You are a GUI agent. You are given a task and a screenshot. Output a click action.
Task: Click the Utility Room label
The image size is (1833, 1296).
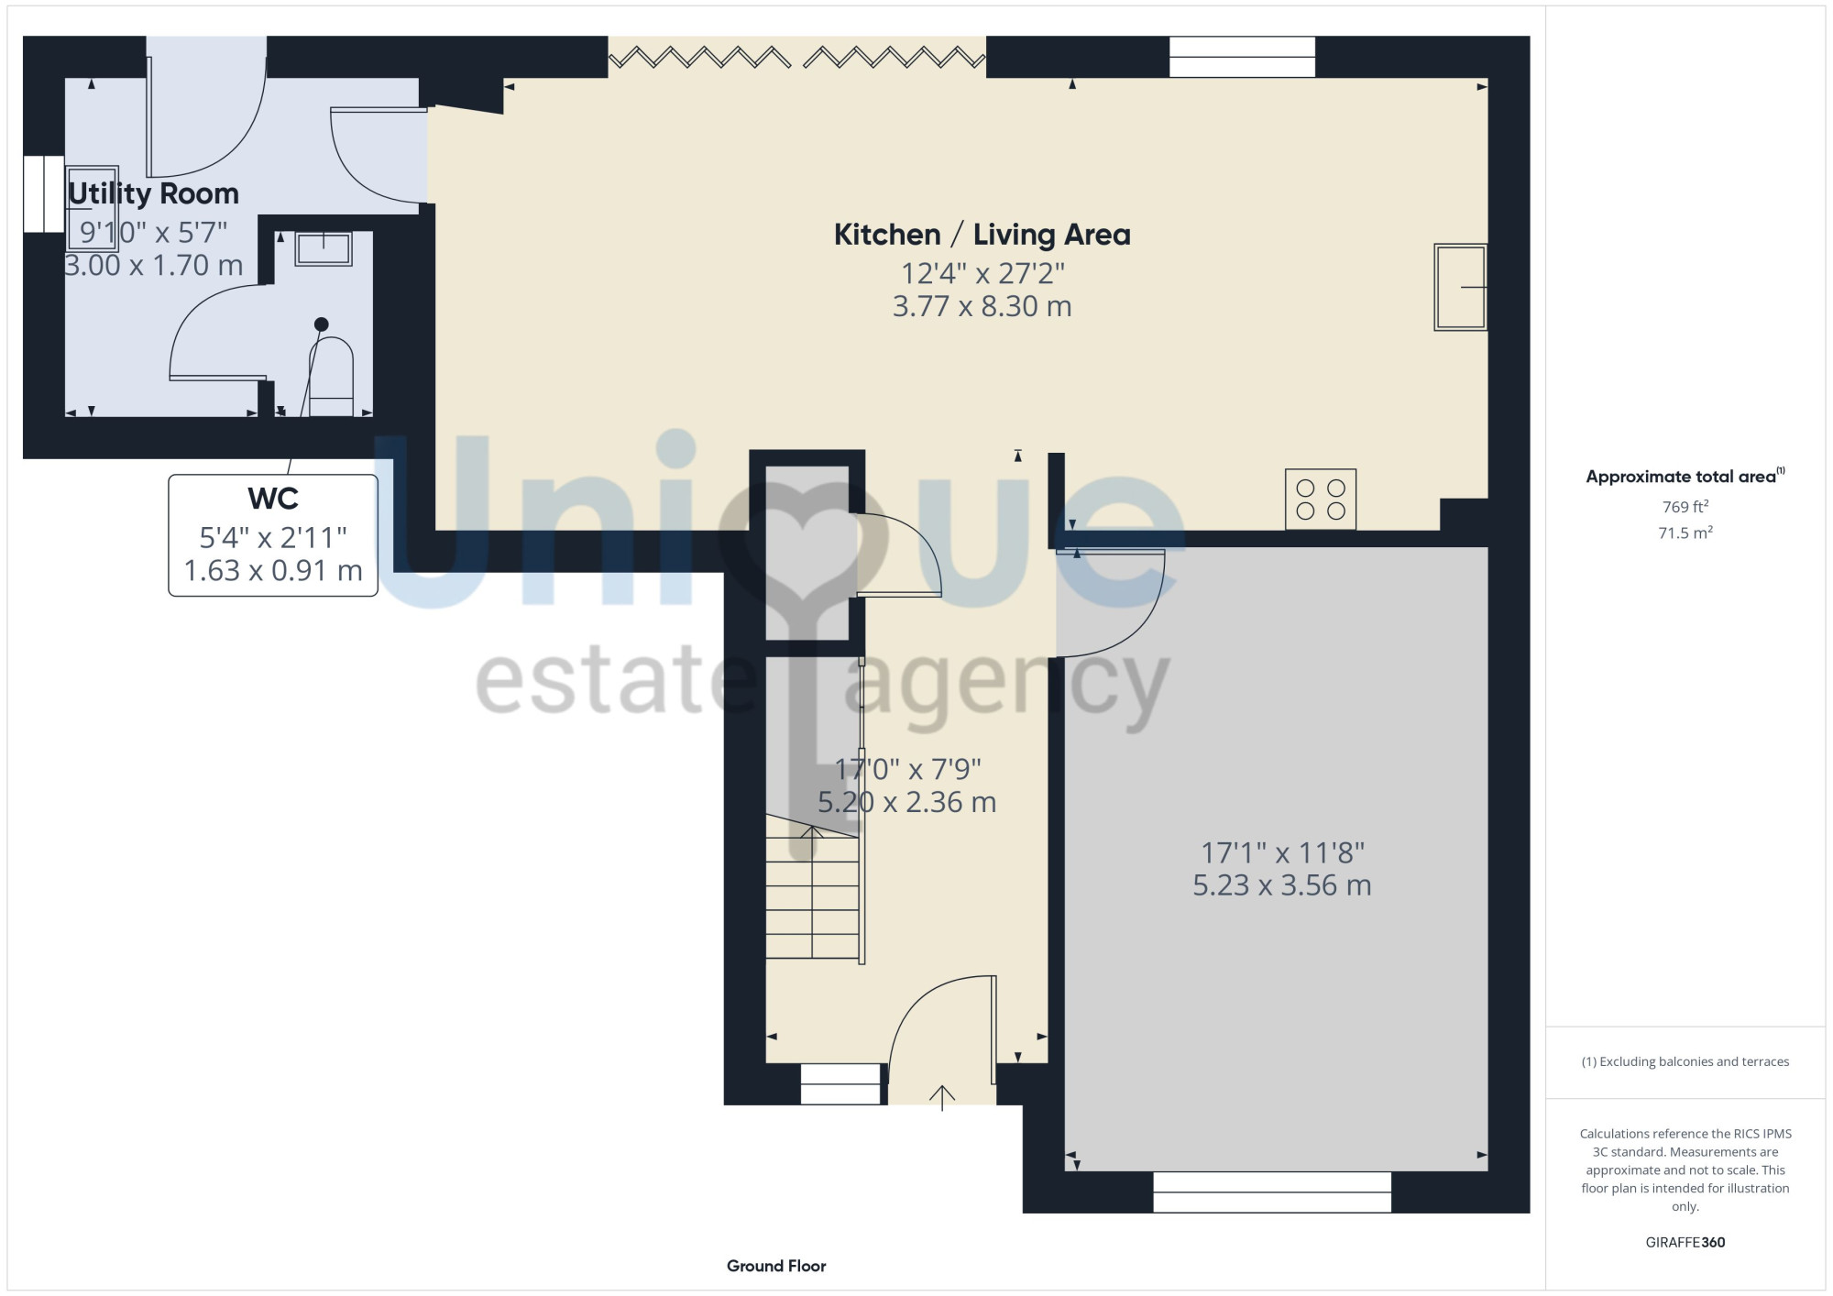[153, 194]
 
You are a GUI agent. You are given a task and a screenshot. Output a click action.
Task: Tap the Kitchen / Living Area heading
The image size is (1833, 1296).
[982, 235]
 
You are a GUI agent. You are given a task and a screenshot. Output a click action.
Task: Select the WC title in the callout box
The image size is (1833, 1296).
[273, 499]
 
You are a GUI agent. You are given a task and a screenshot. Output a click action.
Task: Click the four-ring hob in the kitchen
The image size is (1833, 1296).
[1321, 500]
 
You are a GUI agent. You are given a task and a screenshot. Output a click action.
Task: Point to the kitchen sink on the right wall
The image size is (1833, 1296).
[1460, 287]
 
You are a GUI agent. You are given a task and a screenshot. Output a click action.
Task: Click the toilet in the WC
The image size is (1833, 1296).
[331, 376]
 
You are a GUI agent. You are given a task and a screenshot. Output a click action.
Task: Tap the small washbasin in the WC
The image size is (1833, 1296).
[324, 248]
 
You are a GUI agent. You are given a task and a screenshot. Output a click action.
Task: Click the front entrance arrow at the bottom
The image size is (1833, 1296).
[942, 1096]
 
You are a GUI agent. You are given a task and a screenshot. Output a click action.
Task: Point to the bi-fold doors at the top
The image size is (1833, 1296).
[797, 58]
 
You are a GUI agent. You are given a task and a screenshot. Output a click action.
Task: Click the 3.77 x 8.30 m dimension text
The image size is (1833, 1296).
[982, 306]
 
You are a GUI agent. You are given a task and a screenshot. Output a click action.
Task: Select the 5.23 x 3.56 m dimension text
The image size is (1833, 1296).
[1281, 885]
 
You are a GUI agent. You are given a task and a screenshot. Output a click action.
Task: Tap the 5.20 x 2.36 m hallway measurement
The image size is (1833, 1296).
[906, 802]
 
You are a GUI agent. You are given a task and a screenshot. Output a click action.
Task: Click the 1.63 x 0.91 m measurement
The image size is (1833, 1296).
[273, 570]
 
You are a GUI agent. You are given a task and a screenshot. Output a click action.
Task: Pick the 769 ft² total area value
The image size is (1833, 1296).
[1685, 506]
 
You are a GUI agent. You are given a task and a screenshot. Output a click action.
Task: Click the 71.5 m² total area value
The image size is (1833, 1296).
[1685, 533]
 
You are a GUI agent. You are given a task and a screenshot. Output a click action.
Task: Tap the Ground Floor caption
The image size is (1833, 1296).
[776, 1266]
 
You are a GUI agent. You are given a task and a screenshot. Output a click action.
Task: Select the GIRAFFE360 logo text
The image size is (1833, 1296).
[1685, 1243]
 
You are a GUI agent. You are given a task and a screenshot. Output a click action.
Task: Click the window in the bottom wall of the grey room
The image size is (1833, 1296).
[1272, 1192]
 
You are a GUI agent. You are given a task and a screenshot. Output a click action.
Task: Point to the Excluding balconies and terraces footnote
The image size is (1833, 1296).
[1685, 1061]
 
